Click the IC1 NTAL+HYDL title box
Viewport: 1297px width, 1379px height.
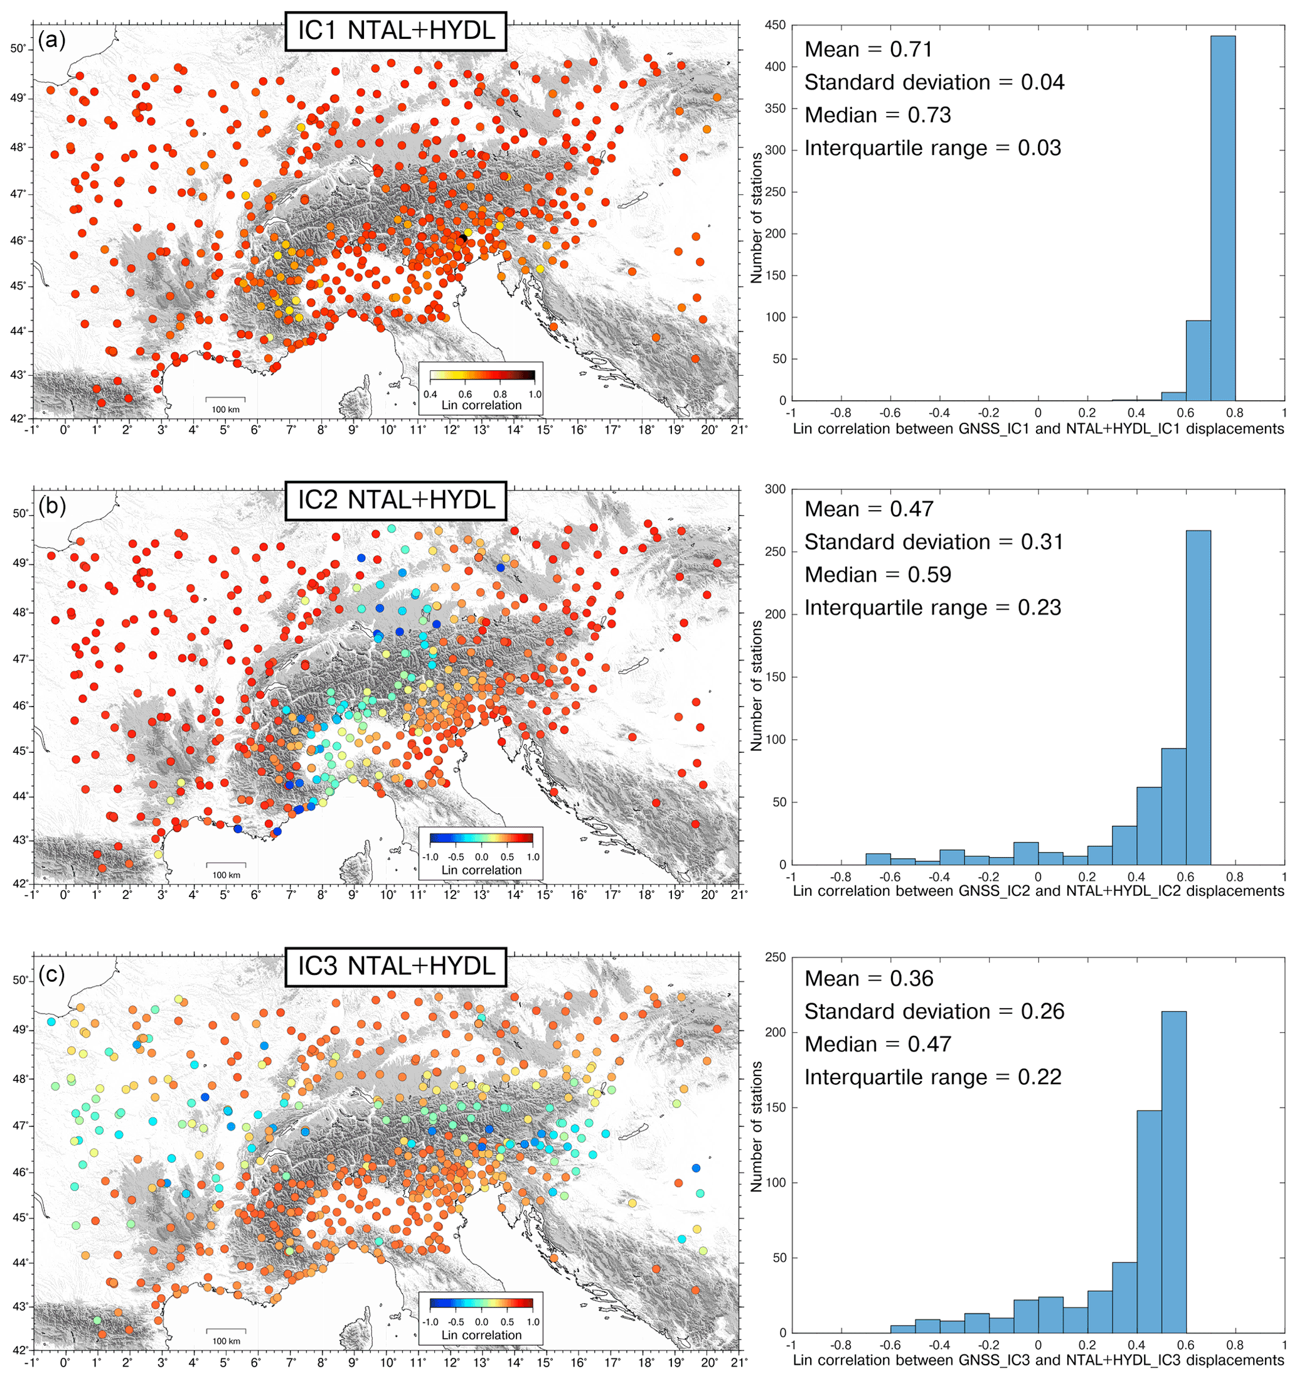click(395, 31)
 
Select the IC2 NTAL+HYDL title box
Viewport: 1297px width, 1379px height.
click(395, 499)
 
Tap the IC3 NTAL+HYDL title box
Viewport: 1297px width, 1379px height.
click(395, 966)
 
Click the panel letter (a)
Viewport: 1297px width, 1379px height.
click(52, 40)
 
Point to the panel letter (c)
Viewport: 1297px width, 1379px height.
click(52, 974)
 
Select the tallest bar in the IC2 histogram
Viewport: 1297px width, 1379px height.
click(1198, 697)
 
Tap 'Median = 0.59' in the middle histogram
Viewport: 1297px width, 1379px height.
click(877, 575)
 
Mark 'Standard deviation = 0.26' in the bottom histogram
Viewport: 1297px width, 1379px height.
click(934, 1011)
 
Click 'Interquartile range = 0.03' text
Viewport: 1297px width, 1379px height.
click(932, 149)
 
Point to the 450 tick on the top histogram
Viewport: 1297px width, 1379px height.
click(775, 26)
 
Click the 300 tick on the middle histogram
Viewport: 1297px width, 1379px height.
click(775, 489)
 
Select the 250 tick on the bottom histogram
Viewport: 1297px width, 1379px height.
click(775, 957)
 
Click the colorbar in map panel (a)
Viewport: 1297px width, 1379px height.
click(481, 376)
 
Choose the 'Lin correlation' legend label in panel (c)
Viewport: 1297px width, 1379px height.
click(481, 1335)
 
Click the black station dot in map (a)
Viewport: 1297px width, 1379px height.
click(462, 238)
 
